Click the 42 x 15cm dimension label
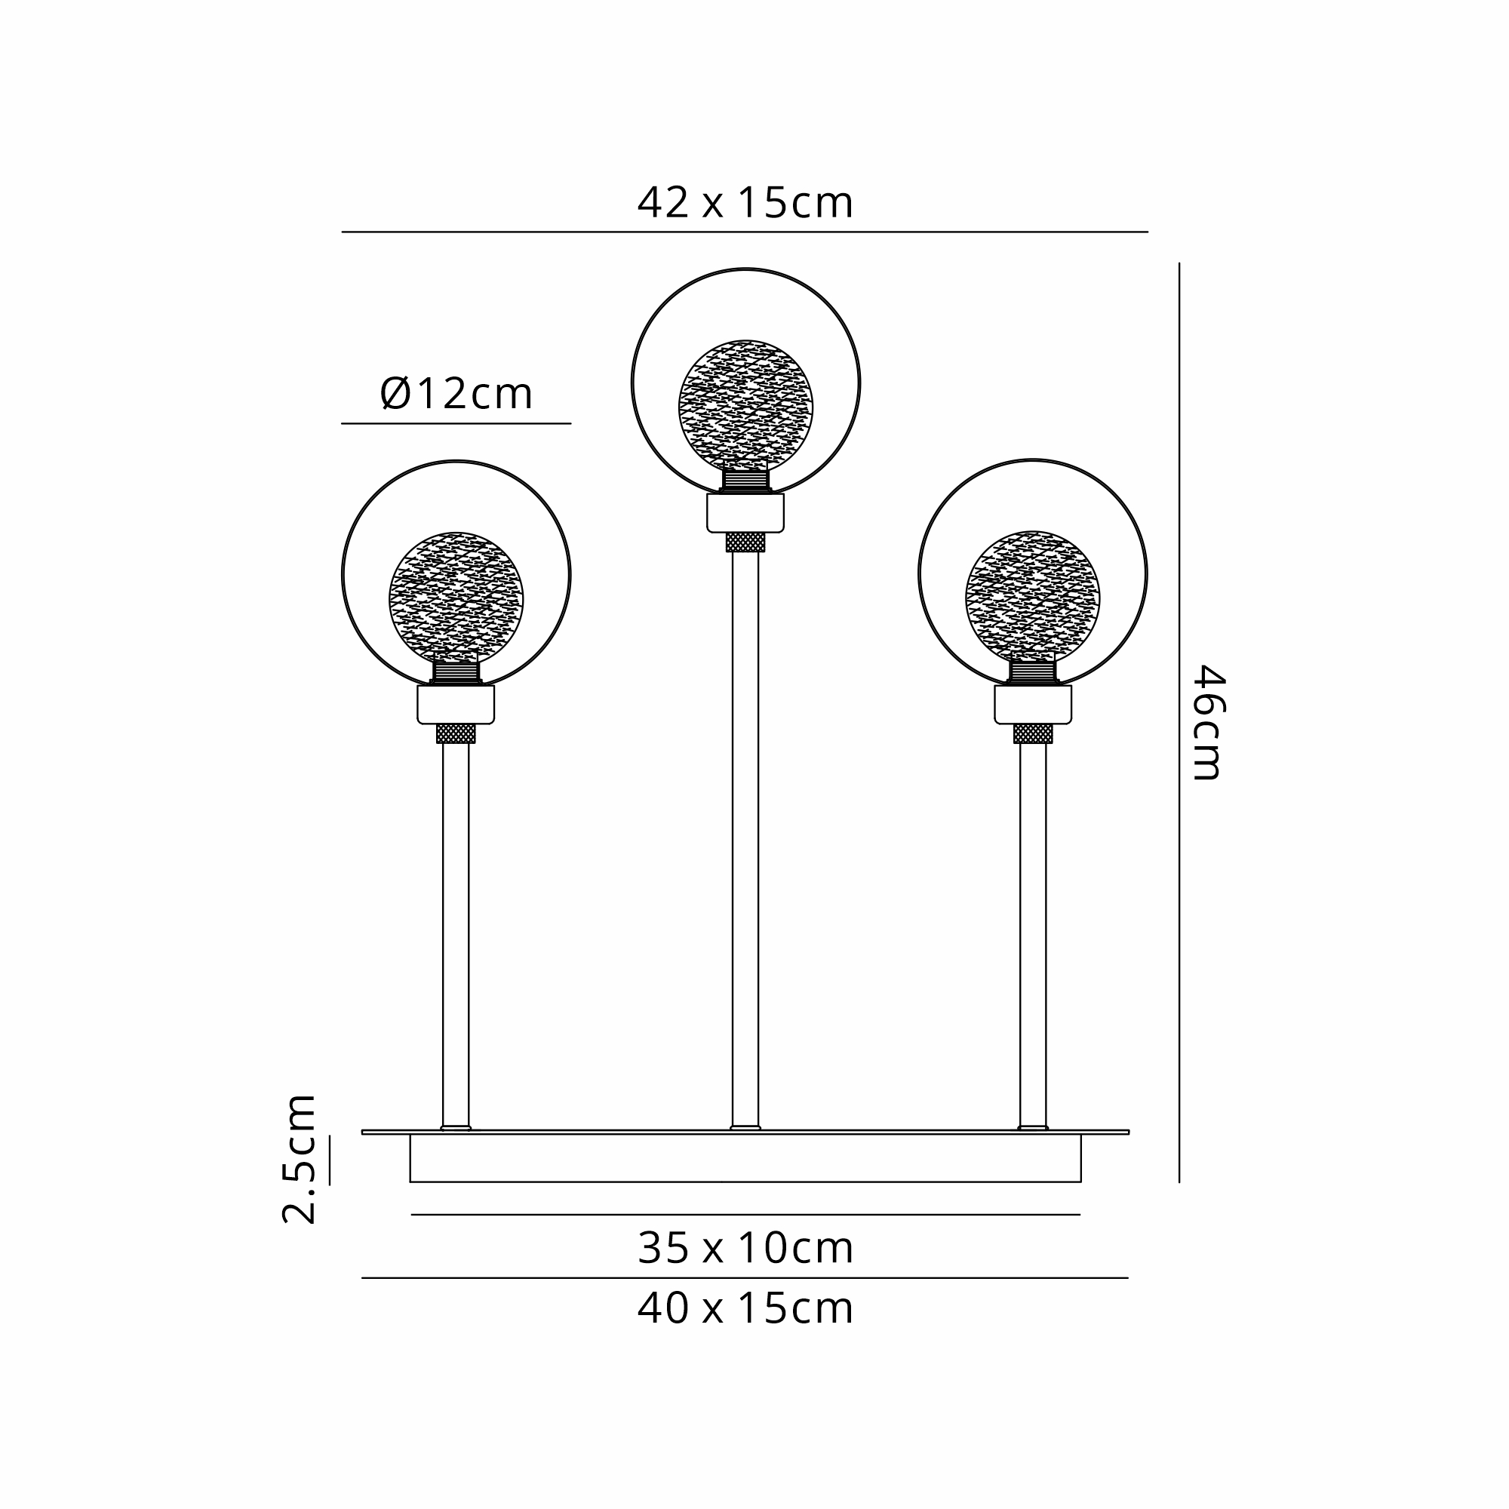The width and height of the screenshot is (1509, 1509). [745, 203]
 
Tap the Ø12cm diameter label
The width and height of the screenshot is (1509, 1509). [456, 394]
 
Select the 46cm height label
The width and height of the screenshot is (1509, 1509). [1208, 722]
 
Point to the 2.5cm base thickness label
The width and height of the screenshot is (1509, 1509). [299, 1158]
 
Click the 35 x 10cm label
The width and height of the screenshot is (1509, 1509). [745, 1248]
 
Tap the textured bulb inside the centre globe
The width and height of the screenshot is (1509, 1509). [745, 407]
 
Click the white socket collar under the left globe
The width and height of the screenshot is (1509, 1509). [456, 705]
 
